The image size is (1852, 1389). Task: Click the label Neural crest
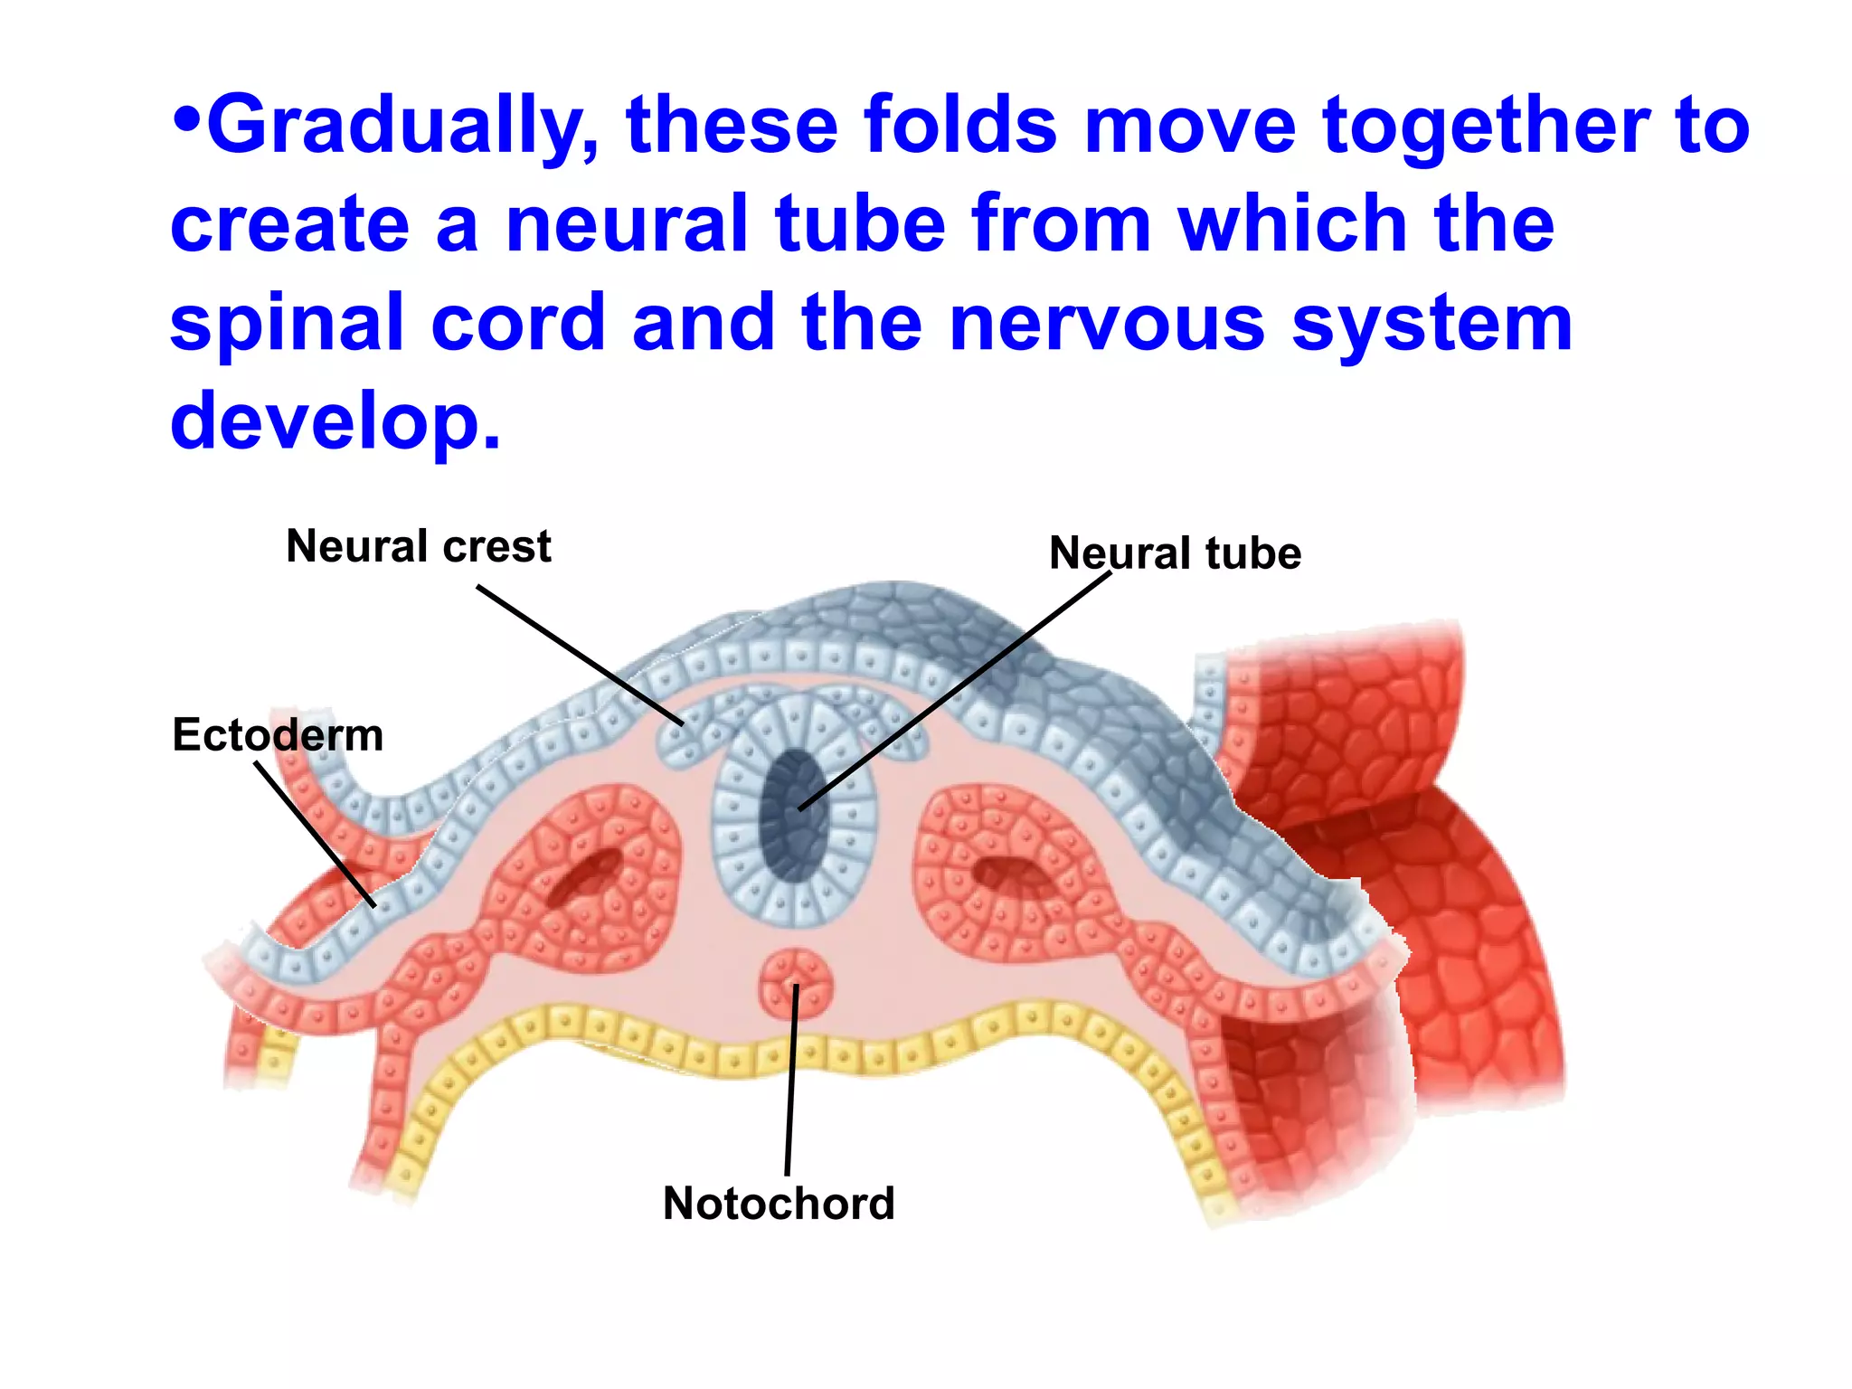418,546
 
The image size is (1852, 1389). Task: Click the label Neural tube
1175,553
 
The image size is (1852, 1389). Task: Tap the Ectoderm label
278,734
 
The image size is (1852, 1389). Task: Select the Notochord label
779,1204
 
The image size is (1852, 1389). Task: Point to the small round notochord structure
796,984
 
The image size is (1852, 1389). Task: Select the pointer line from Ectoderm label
315,833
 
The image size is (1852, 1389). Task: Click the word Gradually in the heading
402,127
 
